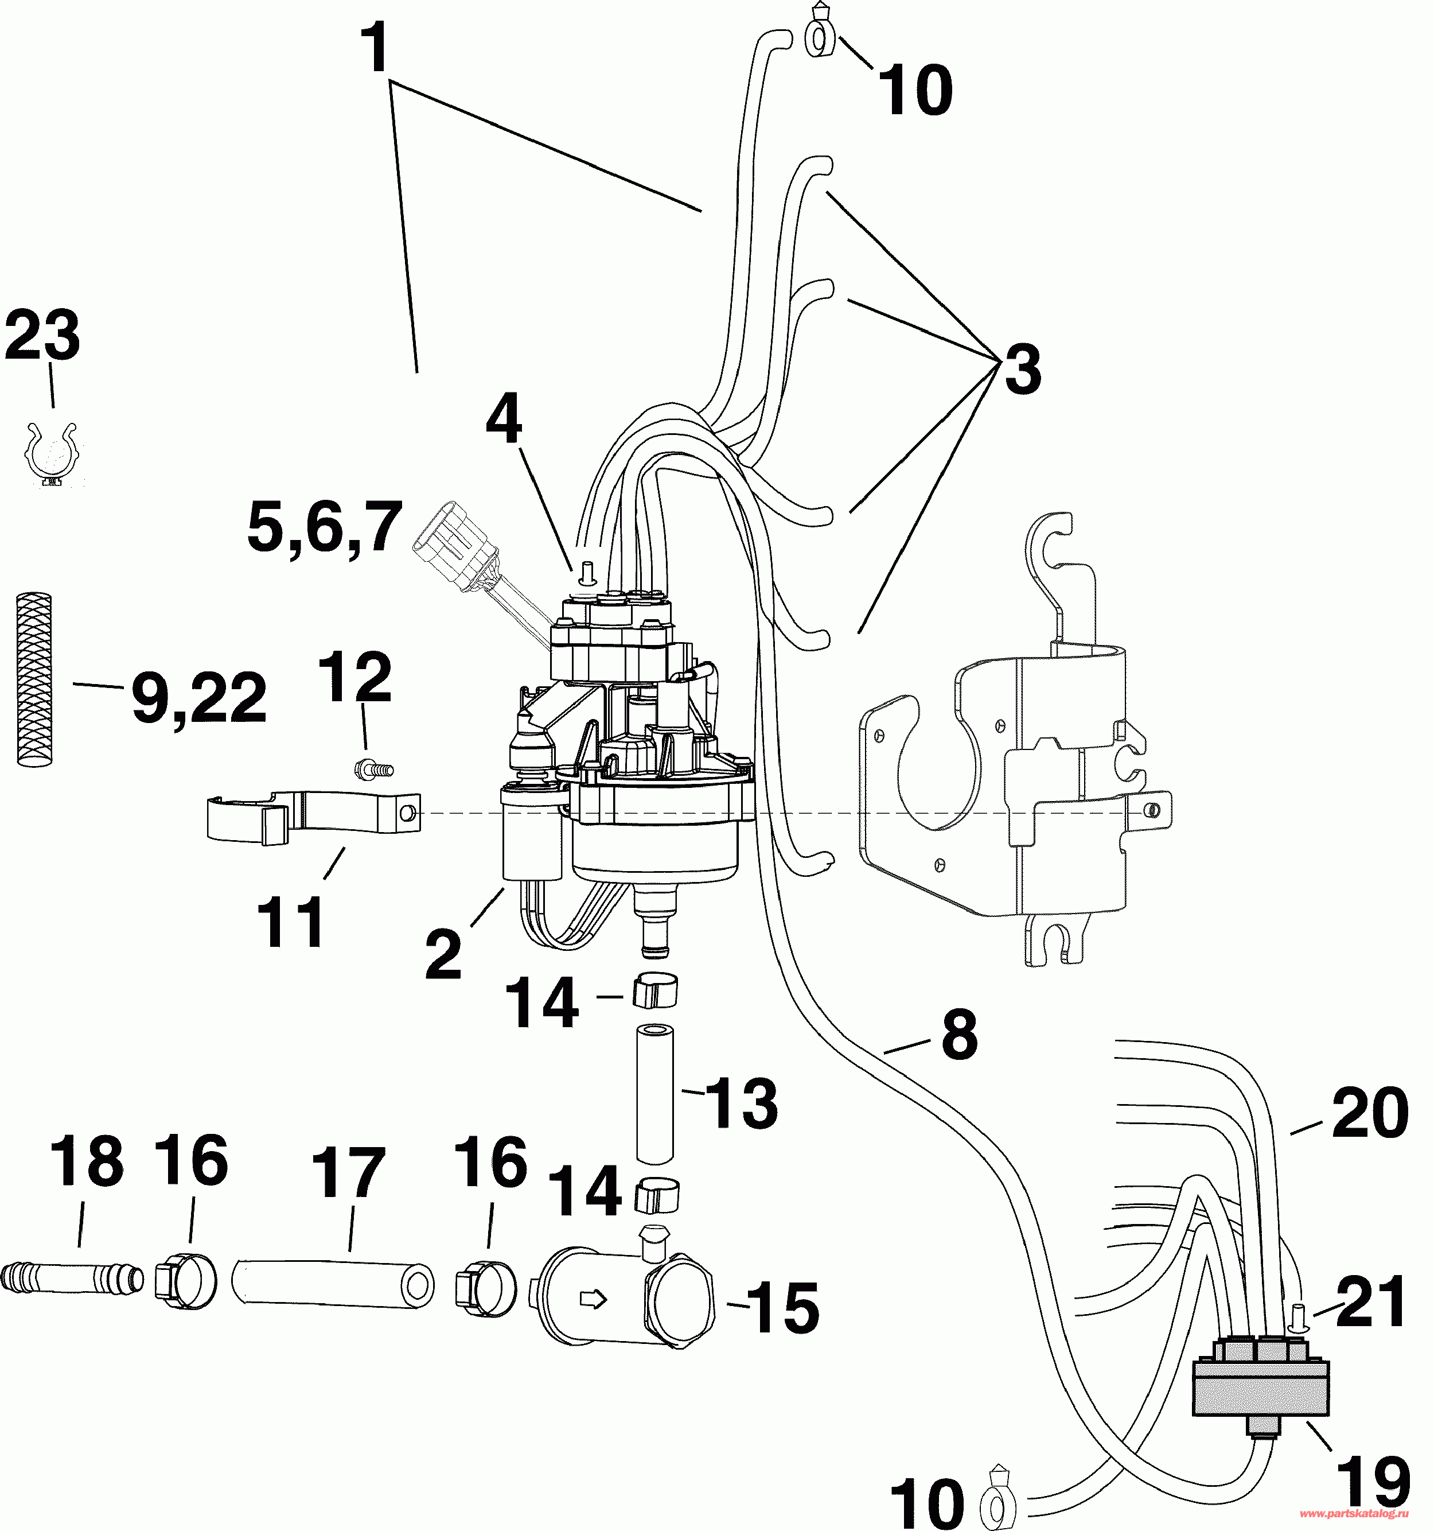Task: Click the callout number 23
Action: (x=42, y=336)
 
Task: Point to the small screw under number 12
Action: (x=372, y=768)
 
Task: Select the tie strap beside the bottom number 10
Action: (x=997, y=1502)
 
